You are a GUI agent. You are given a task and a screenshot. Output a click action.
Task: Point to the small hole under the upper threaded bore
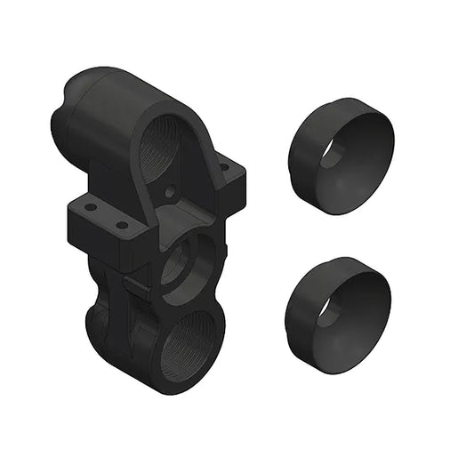coord(170,190)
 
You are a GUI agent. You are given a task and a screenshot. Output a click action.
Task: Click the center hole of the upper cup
coord(331,150)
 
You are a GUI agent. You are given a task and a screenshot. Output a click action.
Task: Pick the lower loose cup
coord(339,307)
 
